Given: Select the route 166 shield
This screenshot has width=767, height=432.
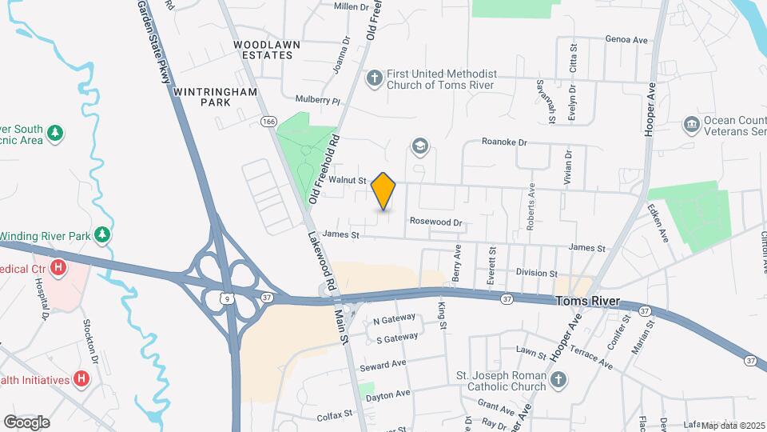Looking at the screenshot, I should tap(268, 122).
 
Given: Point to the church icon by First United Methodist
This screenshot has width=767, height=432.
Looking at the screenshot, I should tap(373, 78).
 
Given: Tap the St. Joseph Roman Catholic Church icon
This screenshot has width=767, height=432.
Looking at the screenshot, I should tap(558, 380).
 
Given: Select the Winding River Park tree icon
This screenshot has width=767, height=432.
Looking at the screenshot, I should tap(101, 234).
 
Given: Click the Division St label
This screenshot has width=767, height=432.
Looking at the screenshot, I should tap(535, 273).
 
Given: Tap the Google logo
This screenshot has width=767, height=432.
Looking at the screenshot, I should tap(26, 422).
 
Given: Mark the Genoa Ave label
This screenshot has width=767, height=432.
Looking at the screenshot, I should tap(626, 39).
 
